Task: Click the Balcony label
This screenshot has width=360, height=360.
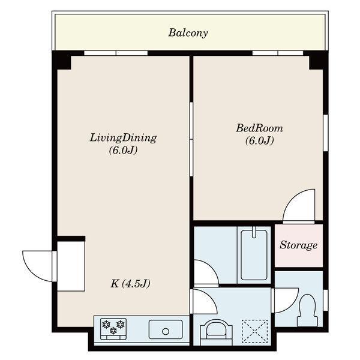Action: tap(188, 33)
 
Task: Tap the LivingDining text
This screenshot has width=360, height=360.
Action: tap(123, 138)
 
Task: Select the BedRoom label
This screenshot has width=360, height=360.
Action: tap(259, 128)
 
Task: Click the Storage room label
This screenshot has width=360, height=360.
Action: tap(298, 245)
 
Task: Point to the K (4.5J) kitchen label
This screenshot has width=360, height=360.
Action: tap(130, 284)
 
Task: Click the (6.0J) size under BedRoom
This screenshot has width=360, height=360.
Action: tap(259, 140)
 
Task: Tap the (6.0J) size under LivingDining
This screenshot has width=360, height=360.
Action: tap(123, 151)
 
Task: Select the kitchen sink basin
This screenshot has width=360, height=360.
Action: tap(166, 329)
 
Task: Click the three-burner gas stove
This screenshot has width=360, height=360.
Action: tap(113, 329)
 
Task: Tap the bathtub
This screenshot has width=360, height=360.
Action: tap(254, 255)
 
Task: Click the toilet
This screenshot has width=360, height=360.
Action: tap(307, 310)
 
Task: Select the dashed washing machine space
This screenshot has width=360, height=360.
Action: tap(255, 332)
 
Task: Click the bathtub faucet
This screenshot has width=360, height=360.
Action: tap(254, 232)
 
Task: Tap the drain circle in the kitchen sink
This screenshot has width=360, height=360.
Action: tap(166, 331)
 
